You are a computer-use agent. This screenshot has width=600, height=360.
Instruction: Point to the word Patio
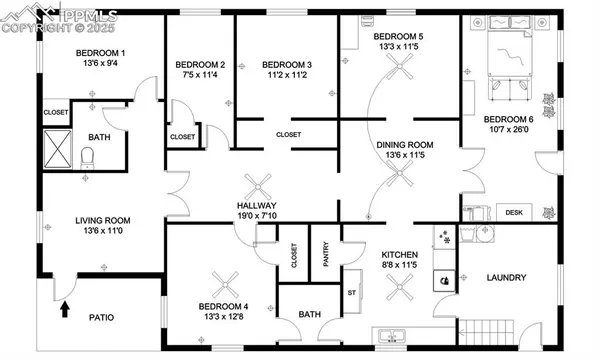[99, 318]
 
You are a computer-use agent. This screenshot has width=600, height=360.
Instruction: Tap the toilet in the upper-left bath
[86, 156]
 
